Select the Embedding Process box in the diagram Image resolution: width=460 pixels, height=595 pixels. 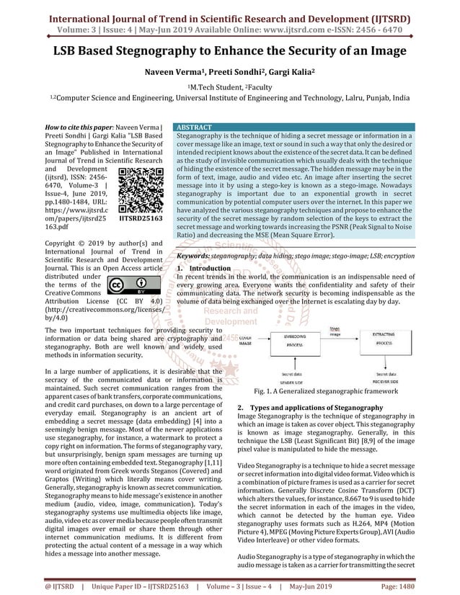click(x=293, y=341)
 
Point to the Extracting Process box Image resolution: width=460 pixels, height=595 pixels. click(x=393, y=341)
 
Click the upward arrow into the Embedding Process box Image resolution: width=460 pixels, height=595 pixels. click(x=293, y=364)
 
